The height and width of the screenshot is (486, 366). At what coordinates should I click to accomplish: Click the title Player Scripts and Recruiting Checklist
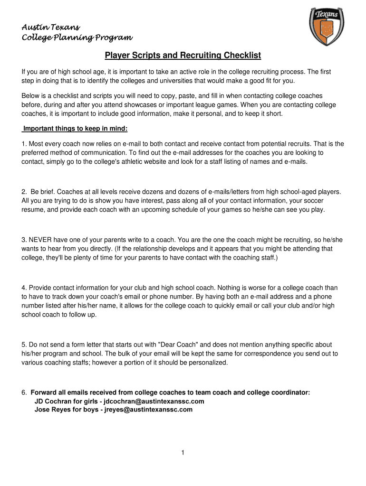183,56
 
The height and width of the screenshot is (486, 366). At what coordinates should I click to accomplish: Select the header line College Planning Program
77,38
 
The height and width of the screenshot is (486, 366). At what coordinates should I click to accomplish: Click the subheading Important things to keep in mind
75,129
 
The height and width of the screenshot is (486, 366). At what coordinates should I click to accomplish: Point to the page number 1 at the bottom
183,453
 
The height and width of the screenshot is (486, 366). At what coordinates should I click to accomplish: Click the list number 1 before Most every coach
23,143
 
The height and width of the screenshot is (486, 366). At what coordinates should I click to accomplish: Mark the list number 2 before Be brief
23,192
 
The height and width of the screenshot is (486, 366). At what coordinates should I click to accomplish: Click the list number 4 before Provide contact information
23,288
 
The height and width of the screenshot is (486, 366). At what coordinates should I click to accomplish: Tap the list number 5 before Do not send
23,345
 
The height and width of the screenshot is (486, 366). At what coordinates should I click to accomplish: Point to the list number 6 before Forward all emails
23,393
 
